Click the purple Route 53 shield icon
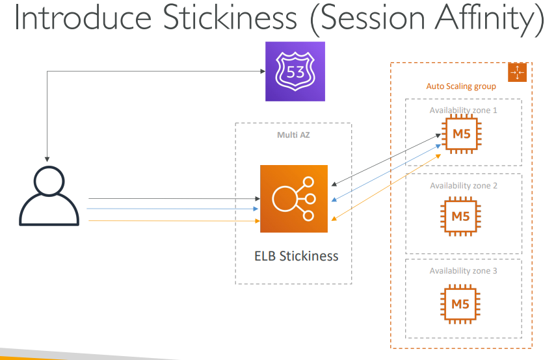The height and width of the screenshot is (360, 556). [295, 71]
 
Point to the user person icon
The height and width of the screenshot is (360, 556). [49, 196]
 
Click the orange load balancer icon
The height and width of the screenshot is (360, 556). [294, 199]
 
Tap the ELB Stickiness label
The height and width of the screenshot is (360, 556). [296, 255]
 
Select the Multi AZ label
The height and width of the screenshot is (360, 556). [293, 135]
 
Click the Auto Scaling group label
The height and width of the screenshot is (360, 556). [461, 86]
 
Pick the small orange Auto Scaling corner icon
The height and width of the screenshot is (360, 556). [516, 72]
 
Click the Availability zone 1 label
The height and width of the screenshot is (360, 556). [463, 110]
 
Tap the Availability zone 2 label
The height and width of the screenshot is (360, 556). [463, 186]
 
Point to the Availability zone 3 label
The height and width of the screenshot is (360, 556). [463, 270]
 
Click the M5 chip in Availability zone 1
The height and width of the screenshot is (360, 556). [460, 135]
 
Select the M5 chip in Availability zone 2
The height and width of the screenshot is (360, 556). [460, 217]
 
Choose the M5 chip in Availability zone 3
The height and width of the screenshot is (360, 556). [460, 303]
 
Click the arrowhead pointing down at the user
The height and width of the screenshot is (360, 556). [47, 157]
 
